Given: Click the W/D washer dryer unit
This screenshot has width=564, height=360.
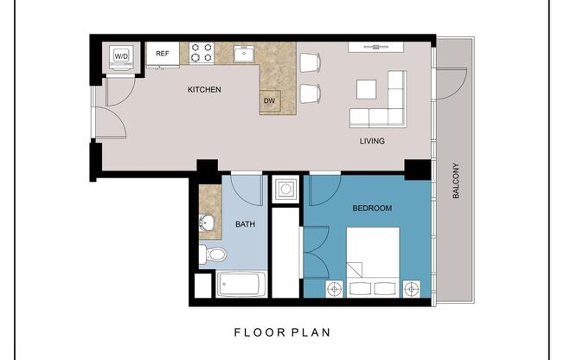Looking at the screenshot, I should (x=120, y=57).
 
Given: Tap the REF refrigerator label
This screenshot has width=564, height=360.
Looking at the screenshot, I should (x=162, y=54).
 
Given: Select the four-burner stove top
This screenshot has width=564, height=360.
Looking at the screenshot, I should (x=202, y=53).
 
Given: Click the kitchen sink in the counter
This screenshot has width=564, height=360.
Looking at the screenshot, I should (x=246, y=53).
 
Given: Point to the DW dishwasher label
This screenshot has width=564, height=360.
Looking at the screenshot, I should (x=270, y=100).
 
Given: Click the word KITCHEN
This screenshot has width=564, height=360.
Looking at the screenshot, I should (x=205, y=90).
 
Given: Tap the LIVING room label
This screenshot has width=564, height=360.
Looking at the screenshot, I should (x=372, y=141).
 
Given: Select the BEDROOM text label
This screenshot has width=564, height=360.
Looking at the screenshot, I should (x=372, y=209).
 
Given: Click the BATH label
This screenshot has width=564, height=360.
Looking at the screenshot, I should (x=245, y=226).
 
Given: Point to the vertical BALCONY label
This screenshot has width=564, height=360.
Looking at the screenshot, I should (x=456, y=182).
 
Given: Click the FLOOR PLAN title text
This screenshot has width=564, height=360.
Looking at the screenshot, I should (x=282, y=331).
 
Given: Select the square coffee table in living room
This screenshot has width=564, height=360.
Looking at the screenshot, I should (x=367, y=90).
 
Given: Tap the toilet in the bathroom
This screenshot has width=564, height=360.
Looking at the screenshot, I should (x=213, y=254).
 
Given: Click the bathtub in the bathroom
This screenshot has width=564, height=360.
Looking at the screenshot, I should (x=241, y=284).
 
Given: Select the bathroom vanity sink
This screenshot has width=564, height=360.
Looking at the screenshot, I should (x=206, y=224).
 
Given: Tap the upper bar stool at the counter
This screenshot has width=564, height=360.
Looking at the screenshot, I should (x=309, y=62).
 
